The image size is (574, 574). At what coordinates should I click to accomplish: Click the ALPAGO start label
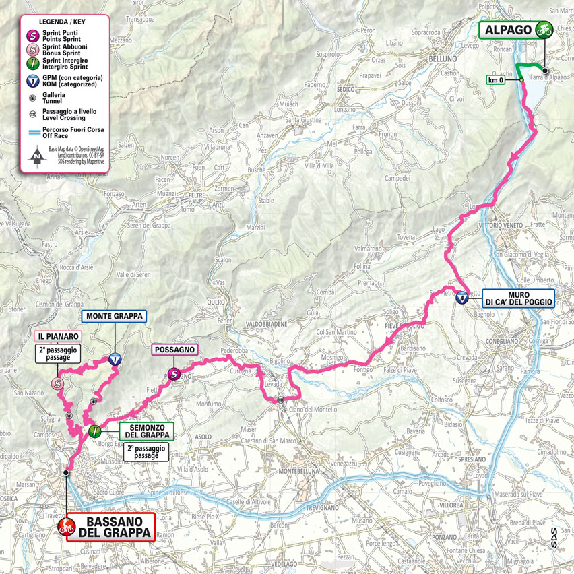click(507, 30)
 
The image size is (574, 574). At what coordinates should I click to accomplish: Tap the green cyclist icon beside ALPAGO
click(543, 30)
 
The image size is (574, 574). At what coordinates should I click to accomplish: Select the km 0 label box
click(497, 80)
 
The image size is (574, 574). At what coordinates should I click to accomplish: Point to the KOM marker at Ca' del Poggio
click(461, 298)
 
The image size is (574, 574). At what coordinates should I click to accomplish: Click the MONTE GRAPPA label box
click(113, 315)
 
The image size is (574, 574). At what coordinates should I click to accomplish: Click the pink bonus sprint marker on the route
click(57, 384)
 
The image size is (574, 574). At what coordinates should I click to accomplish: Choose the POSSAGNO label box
click(174, 350)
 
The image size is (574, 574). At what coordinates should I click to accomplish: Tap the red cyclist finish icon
click(66, 527)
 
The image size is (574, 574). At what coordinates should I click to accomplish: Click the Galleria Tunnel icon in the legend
click(31, 96)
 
